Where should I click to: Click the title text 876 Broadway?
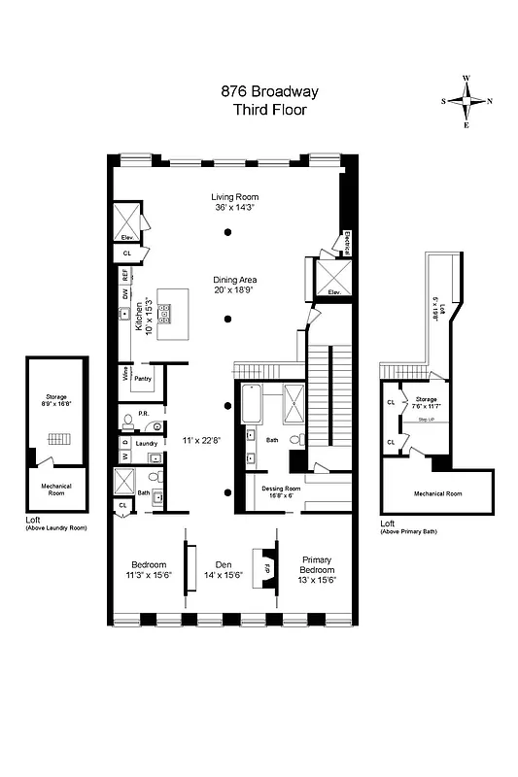pos(269,92)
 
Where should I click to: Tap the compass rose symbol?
pos(467,100)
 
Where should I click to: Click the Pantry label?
pos(143,377)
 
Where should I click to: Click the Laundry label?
pos(147,443)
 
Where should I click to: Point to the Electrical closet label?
pos(347,244)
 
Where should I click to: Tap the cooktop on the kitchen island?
pos(164,313)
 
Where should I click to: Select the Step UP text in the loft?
pos(424,419)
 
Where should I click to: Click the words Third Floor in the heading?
pos(269,110)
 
